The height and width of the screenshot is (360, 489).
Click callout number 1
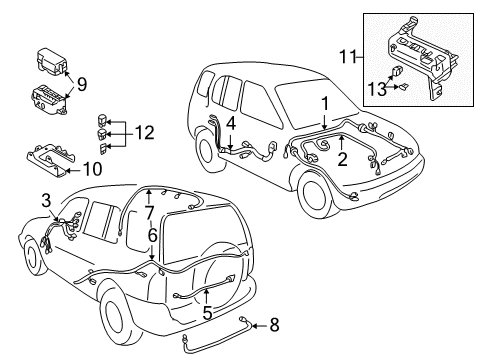click(x=323, y=103)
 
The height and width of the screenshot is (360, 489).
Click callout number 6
click(x=152, y=235)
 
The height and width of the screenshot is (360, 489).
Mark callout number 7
click(x=148, y=211)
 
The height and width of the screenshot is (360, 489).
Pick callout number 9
click(x=81, y=84)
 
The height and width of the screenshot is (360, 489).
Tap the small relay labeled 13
click(x=399, y=73)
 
